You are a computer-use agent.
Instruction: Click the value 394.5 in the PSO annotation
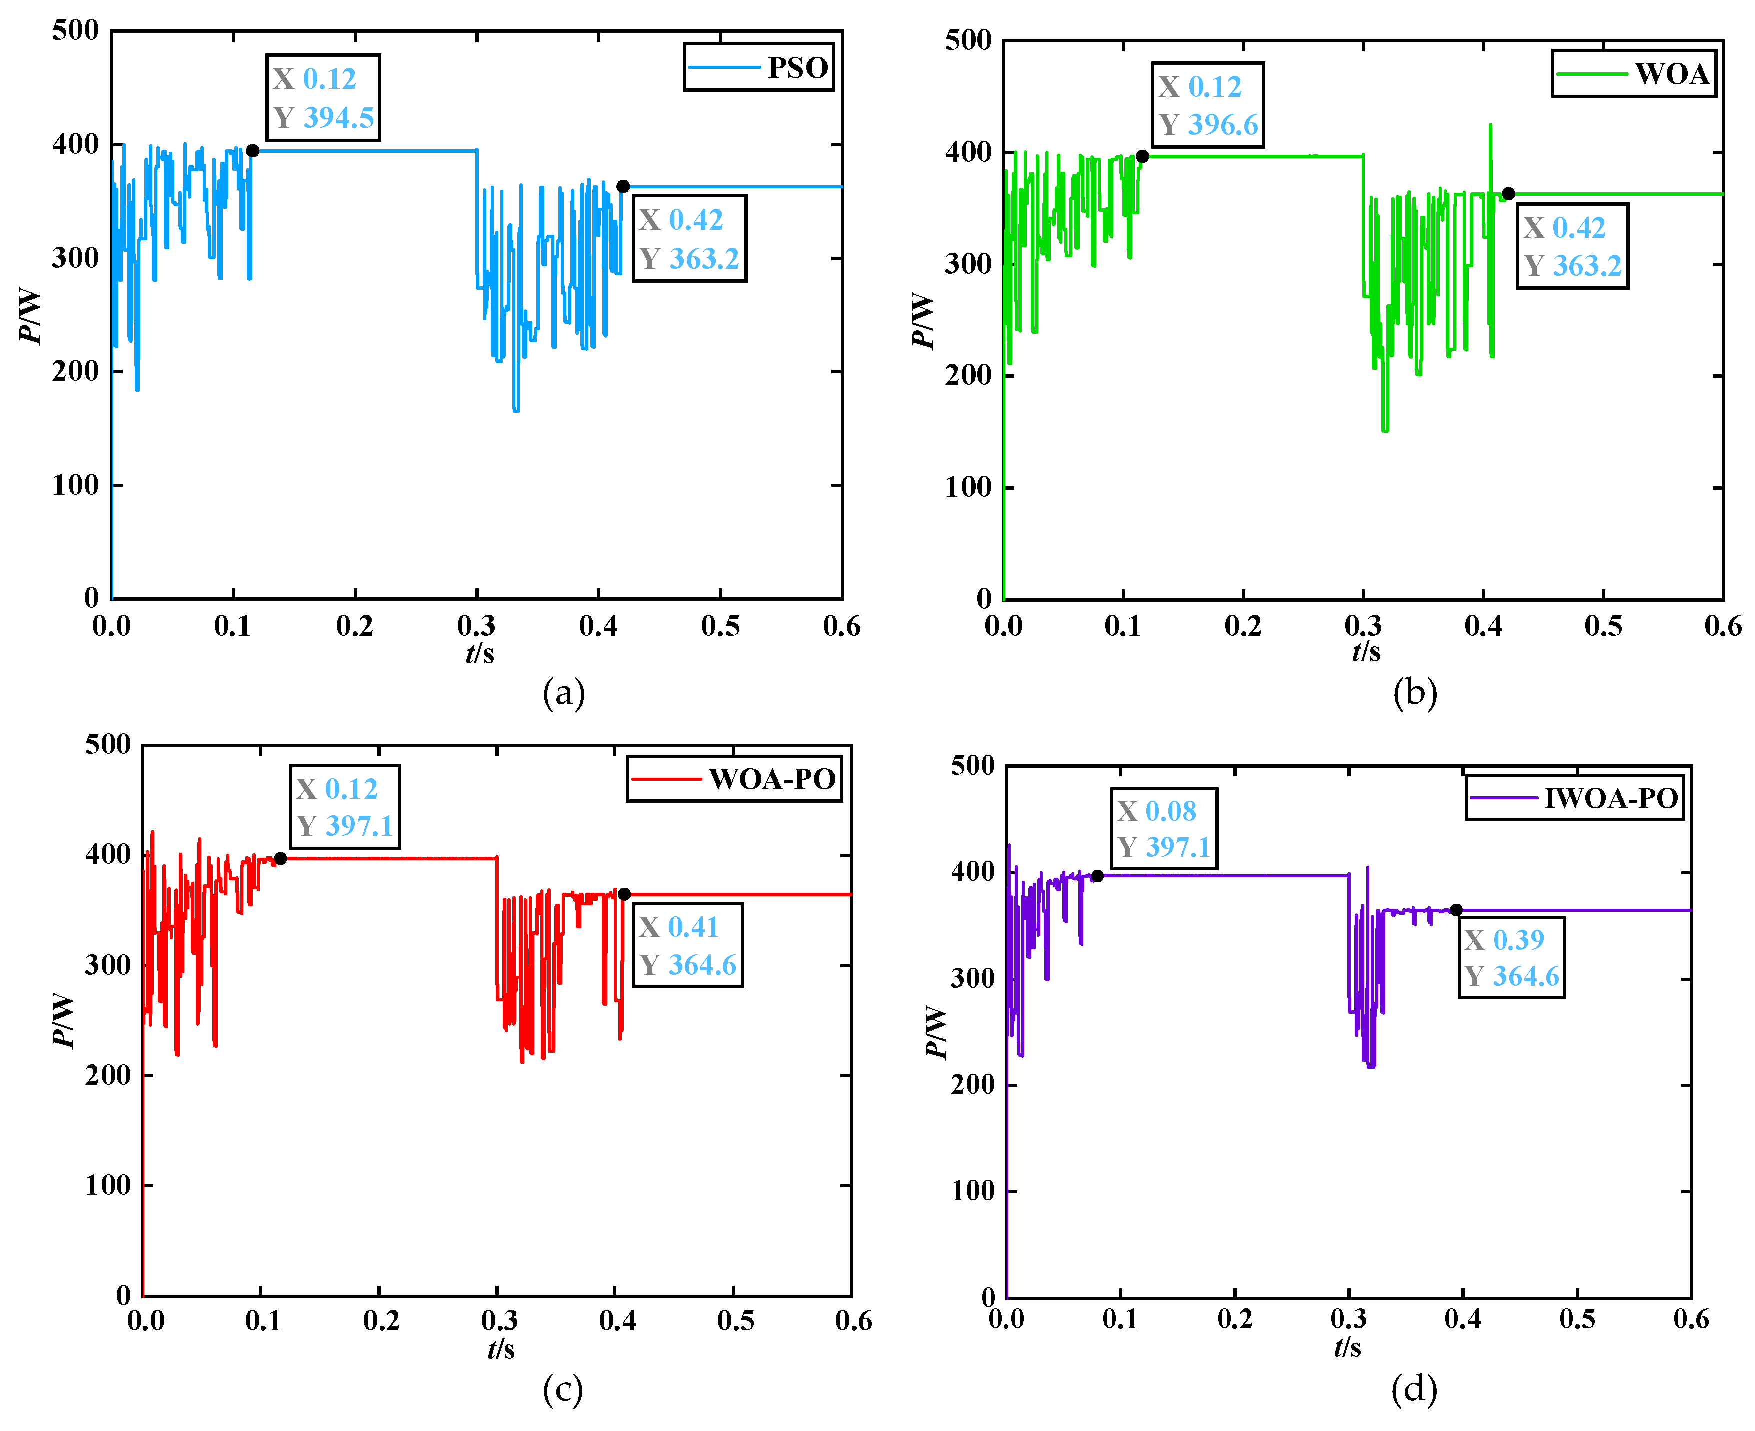tap(339, 118)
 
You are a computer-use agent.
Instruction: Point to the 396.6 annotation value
tap(1223, 125)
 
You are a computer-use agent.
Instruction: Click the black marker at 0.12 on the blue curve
tap(253, 151)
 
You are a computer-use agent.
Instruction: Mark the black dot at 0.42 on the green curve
tap(1508, 193)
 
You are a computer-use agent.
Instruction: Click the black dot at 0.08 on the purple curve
tap(1097, 876)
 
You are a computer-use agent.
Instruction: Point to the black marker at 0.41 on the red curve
tap(624, 894)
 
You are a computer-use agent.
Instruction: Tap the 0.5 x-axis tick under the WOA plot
tap(1603, 626)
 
